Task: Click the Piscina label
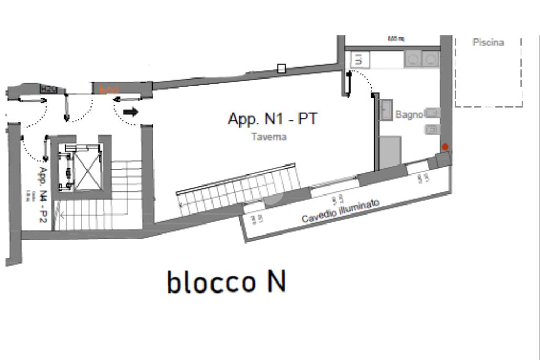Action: pyautogui.click(x=488, y=43)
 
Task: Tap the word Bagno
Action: pyautogui.click(x=409, y=115)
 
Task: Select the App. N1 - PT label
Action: pyautogui.click(x=273, y=119)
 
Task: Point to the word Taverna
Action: pyautogui.click(x=269, y=137)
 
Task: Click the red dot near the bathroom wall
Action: pyautogui.click(x=445, y=147)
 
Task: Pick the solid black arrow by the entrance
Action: pyautogui.click(x=130, y=112)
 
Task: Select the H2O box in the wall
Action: pyautogui.click(x=49, y=89)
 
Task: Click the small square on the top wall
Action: pyautogui.click(x=282, y=69)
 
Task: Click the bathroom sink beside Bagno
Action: pyautogui.click(x=386, y=110)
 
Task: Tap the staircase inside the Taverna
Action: pyautogui.click(x=237, y=190)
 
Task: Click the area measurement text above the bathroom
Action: pyautogui.click(x=396, y=38)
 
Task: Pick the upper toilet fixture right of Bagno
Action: pyautogui.click(x=433, y=113)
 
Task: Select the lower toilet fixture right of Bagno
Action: pyautogui.click(x=433, y=129)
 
